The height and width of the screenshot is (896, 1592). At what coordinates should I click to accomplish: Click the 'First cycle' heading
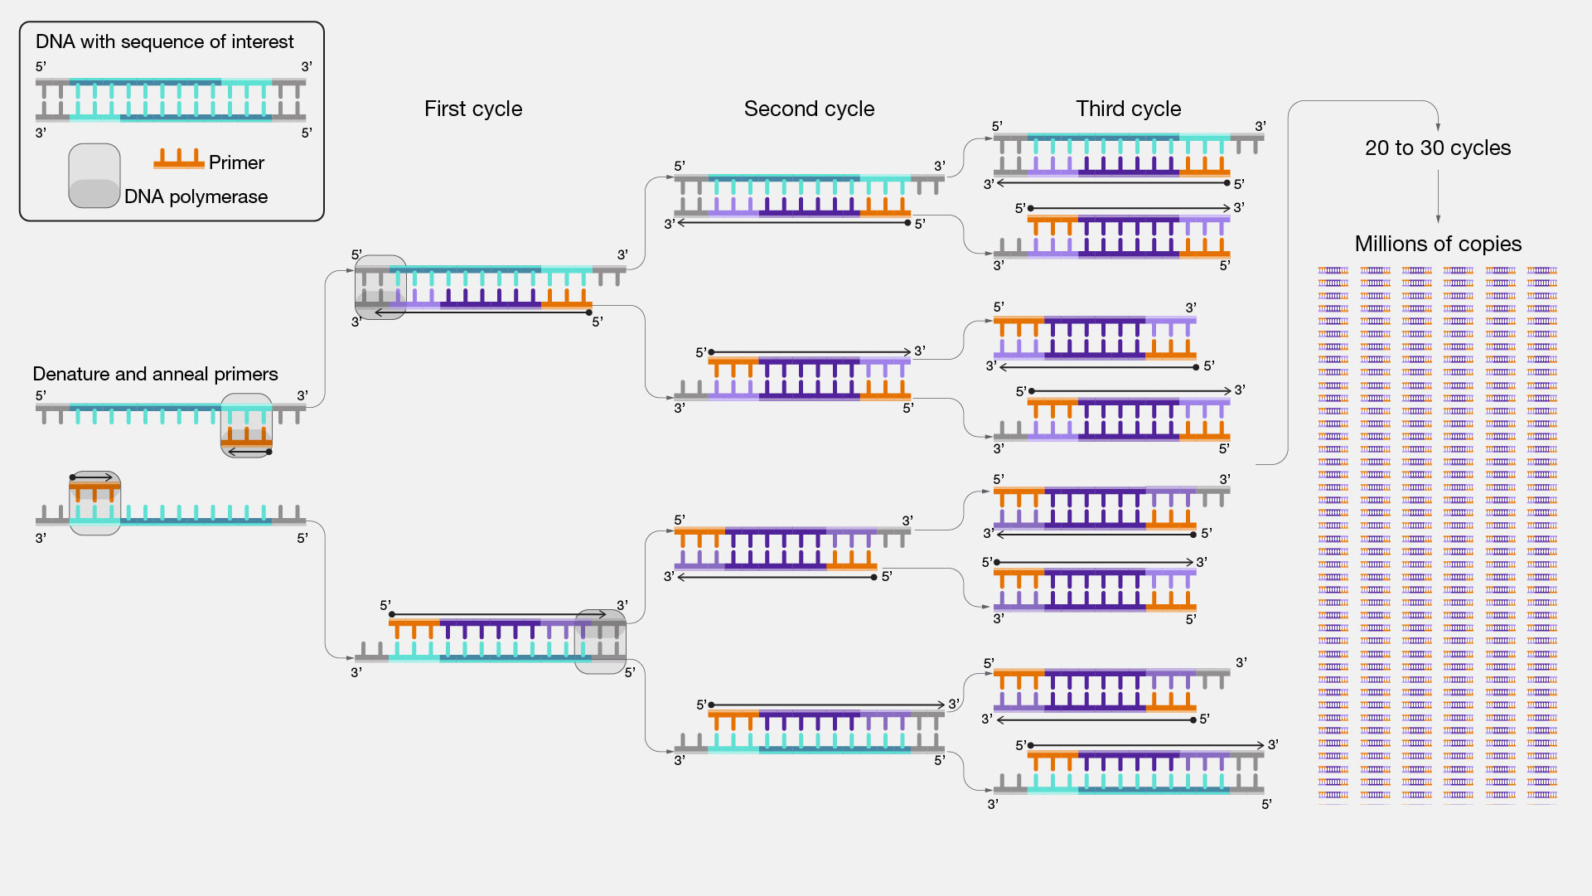pyautogui.click(x=473, y=109)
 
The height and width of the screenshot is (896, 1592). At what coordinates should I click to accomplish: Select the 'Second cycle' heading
pyautogui.click(x=809, y=109)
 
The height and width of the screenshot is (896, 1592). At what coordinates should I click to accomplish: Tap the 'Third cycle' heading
pyautogui.click(x=1128, y=109)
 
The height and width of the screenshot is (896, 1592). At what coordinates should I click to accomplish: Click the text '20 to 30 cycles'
pyautogui.click(x=1438, y=148)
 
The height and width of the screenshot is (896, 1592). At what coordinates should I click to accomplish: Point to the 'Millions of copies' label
pyautogui.click(x=1438, y=244)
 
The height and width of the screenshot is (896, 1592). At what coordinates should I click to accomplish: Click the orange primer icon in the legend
pyautogui.click(x=179, y=159)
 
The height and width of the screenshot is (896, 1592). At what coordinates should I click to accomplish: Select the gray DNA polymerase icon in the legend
pyautogui.click(x=94, y=176)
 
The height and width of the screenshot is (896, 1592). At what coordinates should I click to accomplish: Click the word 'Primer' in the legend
pyautogui.click(x=236, y=162)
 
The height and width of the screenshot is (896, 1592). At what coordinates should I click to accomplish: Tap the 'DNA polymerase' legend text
pyautogui.click(x=196, y=196)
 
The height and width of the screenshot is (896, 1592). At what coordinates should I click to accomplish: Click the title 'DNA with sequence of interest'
pyautogui.click(x=164, y=41)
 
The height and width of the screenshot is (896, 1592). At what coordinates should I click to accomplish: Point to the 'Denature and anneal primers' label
pyautogui.click(x=155, y=374)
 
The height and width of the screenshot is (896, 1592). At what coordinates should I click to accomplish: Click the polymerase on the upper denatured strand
pyautogui.click(x=246, y=425)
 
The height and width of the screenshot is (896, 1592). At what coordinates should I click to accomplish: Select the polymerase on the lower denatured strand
pyautogui.click(x=94, y=503)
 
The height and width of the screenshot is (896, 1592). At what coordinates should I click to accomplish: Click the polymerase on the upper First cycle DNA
pyautogui.click(x=380, y=288)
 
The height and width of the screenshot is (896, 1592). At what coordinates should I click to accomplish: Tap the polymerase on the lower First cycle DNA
pyautogui.click(x=600, y=642)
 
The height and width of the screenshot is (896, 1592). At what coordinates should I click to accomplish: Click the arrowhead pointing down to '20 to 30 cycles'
pyautogui.click(x=1438, y=128)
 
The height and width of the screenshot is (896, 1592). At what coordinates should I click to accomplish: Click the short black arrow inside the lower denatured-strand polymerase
pyautogui.click(x=92, y=477)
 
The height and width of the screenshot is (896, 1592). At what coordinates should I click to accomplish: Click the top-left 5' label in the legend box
pyautogui.click(x=41, y=66)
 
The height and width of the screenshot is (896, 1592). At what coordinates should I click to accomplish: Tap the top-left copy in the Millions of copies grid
pyautogui.click(x=1333, y=270)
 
